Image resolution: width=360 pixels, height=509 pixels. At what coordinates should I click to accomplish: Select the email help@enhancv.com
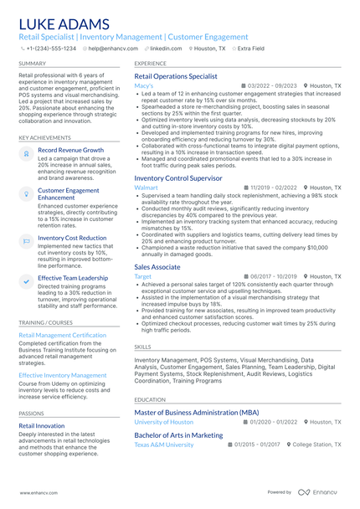click(112, 49)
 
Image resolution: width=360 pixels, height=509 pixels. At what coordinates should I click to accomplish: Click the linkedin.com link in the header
click(166, 49)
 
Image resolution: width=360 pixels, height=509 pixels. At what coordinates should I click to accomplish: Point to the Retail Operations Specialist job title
click(176, 75)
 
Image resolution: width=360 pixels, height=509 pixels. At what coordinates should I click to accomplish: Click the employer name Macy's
click(143, 86)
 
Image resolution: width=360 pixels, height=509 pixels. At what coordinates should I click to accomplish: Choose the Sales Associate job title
click(157, 265)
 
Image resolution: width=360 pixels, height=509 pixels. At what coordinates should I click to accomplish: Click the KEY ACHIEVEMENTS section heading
click(44, 137)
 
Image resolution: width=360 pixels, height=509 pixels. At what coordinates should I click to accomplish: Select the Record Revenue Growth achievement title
click(71, 150)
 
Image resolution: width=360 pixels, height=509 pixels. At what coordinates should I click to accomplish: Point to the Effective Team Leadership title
click(73, 277)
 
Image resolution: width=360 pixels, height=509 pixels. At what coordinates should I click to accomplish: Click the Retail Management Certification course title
click(63, 335)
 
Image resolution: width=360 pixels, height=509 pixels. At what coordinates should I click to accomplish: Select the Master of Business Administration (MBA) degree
click(197, 413)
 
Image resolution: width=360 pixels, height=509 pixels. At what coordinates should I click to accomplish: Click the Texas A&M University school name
click(164, 445)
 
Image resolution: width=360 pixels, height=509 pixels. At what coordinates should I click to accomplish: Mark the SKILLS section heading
click(143, 345)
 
